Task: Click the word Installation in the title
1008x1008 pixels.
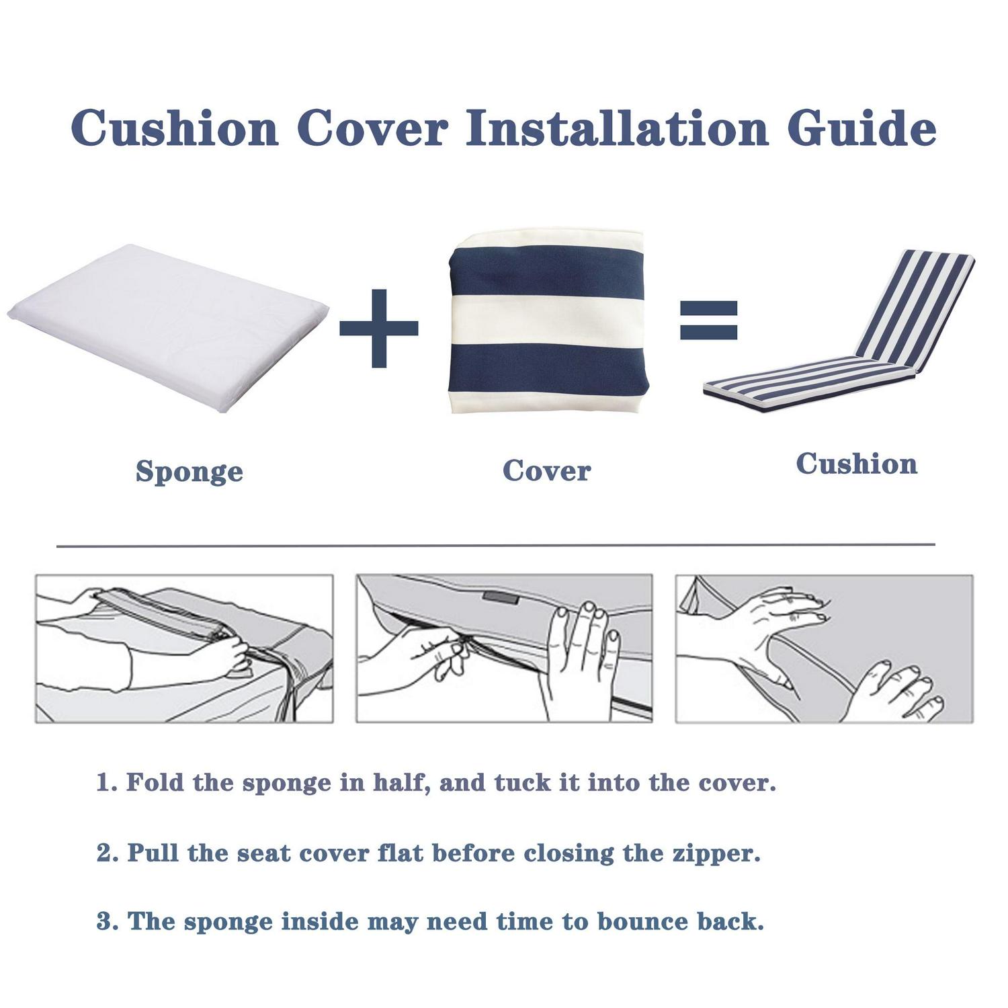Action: pos(617,128)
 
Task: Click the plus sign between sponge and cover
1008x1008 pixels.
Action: pos(379,328)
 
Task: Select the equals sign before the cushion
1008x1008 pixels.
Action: pos(708,320)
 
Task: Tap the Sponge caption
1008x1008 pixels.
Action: pos(189,471)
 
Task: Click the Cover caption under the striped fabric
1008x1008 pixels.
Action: pos(546,470)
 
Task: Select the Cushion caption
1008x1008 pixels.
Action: pos(856,464)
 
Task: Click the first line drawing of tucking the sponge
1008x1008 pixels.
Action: pos(184,648)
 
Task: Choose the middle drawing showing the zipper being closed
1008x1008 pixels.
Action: pos(504,648)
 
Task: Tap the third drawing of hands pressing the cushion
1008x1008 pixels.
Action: pos(824,648)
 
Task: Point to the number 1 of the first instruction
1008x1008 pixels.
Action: pos(105,782)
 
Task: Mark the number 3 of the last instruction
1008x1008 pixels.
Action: pos(106,921)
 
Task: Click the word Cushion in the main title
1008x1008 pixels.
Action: pos(175,128)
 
